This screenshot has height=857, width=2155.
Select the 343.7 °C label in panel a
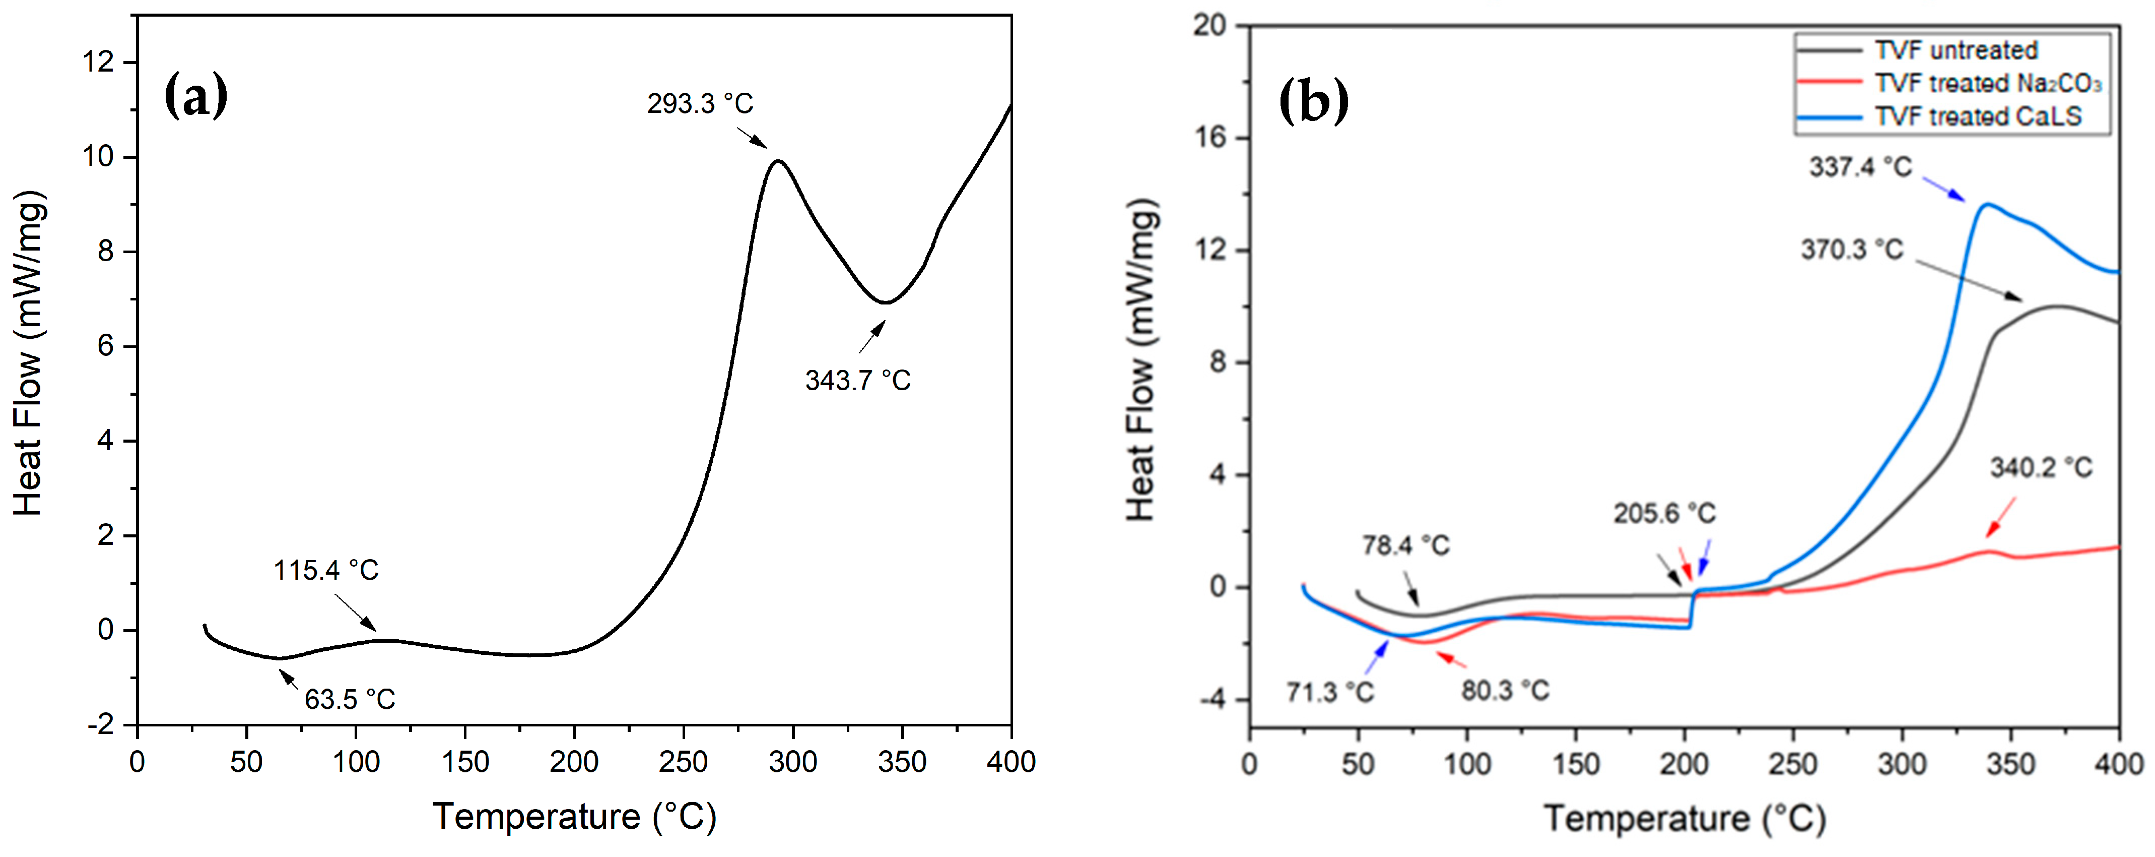coord(857,381)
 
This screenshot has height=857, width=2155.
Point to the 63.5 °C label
coord(349,699)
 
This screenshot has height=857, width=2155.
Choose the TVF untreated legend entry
coord(1955,50)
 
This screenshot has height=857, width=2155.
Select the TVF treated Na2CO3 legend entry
coord(1987,84)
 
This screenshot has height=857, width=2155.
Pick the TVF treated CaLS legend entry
coord(1977,116)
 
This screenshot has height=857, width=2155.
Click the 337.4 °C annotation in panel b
coord(1860,166)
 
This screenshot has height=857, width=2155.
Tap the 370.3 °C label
coord(1851,250)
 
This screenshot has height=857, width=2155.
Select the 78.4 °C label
coord(1405,545)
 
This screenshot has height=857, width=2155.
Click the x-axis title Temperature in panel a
coord(574,816)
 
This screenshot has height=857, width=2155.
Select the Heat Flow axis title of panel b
coord(1141,360)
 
